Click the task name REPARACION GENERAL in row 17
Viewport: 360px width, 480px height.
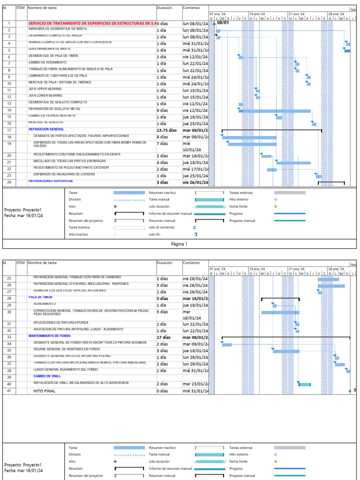click(46, 129)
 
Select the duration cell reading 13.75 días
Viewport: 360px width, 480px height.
click(167, 130)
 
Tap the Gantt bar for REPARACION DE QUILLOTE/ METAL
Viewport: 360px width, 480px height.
click(275, 111)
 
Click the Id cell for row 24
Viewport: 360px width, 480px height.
click(9, 182)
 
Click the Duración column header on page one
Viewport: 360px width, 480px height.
click(165, 8)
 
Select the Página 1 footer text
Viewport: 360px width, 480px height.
click(179, 244)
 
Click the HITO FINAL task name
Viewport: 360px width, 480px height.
click(44, 391)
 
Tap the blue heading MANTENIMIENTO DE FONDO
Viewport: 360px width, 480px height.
click(49, 336)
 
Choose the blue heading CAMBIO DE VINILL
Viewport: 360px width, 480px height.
click(47, 376)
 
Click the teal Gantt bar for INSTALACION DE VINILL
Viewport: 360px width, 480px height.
click(304, 384)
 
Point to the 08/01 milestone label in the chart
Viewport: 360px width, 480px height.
click(223, 22)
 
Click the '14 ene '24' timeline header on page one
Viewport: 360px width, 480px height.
click(257, 14)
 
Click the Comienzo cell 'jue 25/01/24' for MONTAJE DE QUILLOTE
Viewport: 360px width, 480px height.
click(195, 124)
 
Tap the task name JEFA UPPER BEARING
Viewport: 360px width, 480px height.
click(45, 89)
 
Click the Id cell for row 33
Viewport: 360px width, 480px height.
click(9, 337)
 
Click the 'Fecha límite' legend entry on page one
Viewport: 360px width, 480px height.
click(238, 206)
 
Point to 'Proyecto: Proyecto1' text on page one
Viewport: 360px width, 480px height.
click(23, 210)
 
